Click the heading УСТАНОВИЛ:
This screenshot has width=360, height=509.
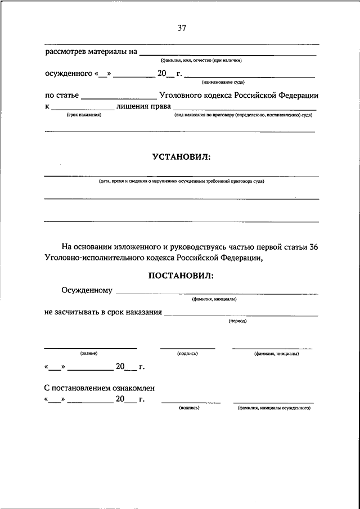[181, 158]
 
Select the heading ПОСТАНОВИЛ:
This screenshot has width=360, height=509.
[181, 276]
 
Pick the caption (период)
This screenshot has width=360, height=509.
[237, 321]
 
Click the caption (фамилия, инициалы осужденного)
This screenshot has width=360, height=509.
[274, 408]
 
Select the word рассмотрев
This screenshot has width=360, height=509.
[67, 52]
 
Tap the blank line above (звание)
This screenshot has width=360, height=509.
[90, 348]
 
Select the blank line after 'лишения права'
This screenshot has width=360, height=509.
[244, 109]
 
